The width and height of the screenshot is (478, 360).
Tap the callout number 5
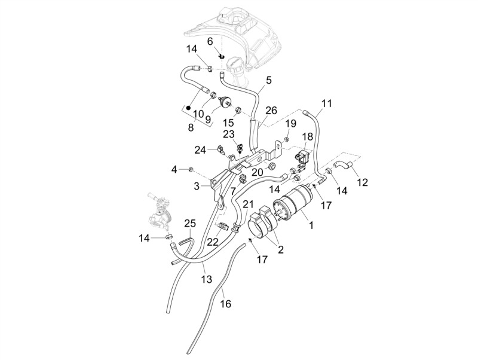click(x=268, y=80)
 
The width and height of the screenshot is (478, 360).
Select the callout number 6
click(x=210, y=41)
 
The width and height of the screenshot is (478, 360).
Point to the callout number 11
click(x=326, y=103)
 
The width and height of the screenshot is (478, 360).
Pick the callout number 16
click(x=226, y=304)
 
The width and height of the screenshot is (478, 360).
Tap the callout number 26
click(x=271, y=111)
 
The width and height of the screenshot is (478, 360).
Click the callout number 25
click(x=189, y=224)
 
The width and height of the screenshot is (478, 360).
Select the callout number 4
click(x=174, y=169)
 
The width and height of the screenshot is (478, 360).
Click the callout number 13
click(x=206, y=279)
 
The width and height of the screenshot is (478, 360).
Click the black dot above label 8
click(x=188, y=108)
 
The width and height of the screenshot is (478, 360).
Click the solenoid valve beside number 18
click(x=303, y=158)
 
